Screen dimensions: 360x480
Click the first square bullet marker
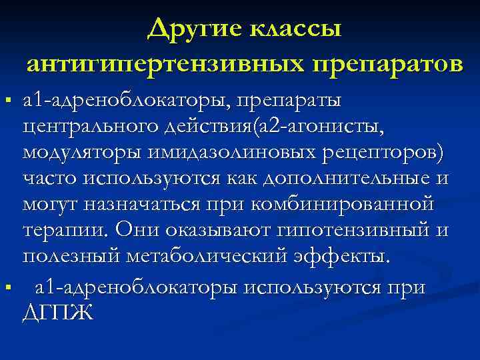7,101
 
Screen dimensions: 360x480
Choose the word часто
51,179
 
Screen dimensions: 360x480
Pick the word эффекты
347,257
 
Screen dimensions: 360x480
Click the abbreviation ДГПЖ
58,311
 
